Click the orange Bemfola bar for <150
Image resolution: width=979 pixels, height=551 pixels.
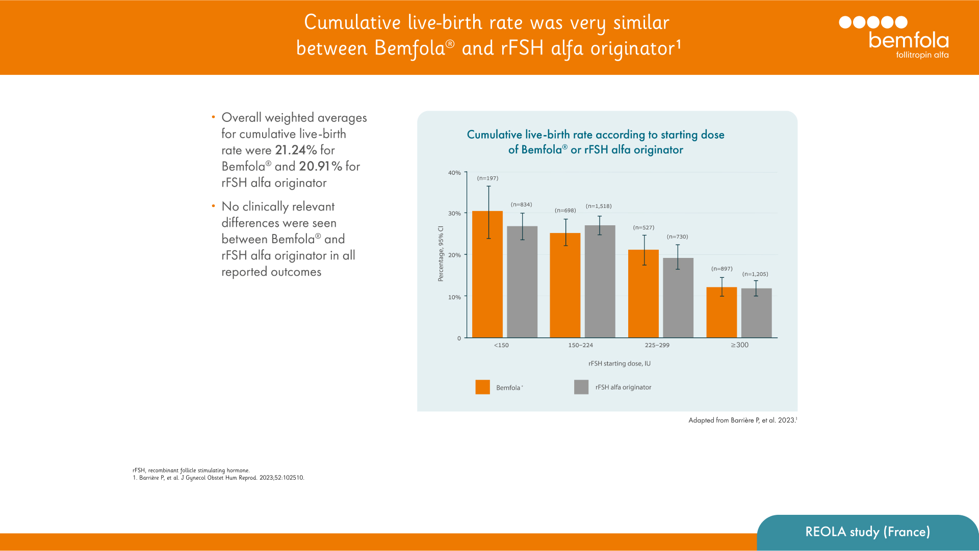pyautogui.click(x=487, y=275)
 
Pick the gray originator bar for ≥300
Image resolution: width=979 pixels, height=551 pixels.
pyautogui.click(x=756, y=313)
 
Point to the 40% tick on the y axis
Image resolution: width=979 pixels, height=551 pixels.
pyautogui.click(x=454, y=173)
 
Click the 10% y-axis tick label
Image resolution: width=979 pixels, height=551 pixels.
pyautogui.click(x=454, y=297)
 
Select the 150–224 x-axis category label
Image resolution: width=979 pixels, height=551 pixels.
pyautogui.click(x=580, y=345)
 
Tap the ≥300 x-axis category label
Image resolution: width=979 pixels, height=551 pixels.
pyautogui.click(x=739, y=345)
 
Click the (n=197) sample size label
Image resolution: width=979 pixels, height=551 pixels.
pyautogui.click(x=487, y=178)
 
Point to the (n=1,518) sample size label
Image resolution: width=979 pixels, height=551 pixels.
pyautogui.click(x=599, y=206)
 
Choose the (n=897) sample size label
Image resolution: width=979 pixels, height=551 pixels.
pyautogui.click(x=722, y=269)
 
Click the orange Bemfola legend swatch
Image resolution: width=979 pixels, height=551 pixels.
pyautogui.click(x=482, y=387)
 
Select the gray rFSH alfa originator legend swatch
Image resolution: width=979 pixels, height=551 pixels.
pyautogui.click(x=581, y=387)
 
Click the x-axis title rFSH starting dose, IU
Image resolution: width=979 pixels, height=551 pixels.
pyautogui.click(x=620, y=363)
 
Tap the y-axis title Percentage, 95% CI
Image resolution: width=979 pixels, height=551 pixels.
pyautogui.click(x=441, y=253)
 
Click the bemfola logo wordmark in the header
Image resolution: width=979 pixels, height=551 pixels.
pyautogui.click(x=909, y=40)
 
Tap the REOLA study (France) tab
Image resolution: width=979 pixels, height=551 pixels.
pyautogui.click(x=867, y=532)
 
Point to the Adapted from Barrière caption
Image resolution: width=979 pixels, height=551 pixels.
pyautogui.click(x=742, y=420)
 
